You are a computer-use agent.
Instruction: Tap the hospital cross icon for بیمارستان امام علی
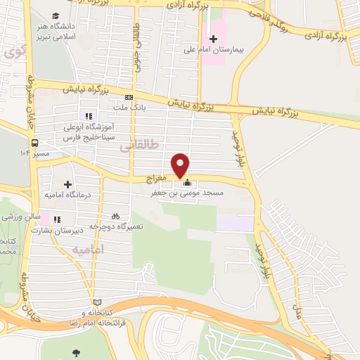[x=214, y=38]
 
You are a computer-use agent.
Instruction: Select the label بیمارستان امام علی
[x=238, y=51]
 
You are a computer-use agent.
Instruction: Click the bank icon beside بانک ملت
[x=129, y=97]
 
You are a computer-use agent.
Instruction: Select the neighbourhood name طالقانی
[x=140, y=145]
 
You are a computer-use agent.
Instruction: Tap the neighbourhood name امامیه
[x=88, y=250]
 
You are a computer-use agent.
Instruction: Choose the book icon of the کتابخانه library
[x=87, y=302]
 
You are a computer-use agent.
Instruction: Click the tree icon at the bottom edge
[x=76, y=354]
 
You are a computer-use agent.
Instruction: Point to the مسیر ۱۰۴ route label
[x=34, y=152]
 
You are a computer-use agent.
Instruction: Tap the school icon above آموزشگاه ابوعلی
[x=88, y=116]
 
